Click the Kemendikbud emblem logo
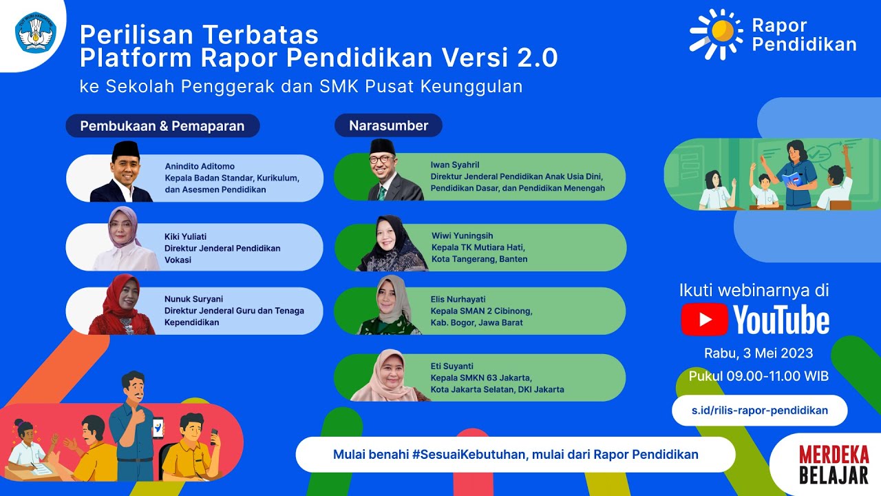[33, 32]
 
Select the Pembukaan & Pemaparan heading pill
[162, 126]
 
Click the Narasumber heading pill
[388, 125]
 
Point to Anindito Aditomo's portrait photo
[123, 172]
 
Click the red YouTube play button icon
[705, 320]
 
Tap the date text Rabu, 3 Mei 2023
[758, 353]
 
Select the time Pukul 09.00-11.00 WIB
[758, 376]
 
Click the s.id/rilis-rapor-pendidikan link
[760, 411]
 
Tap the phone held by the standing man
[158, 428]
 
